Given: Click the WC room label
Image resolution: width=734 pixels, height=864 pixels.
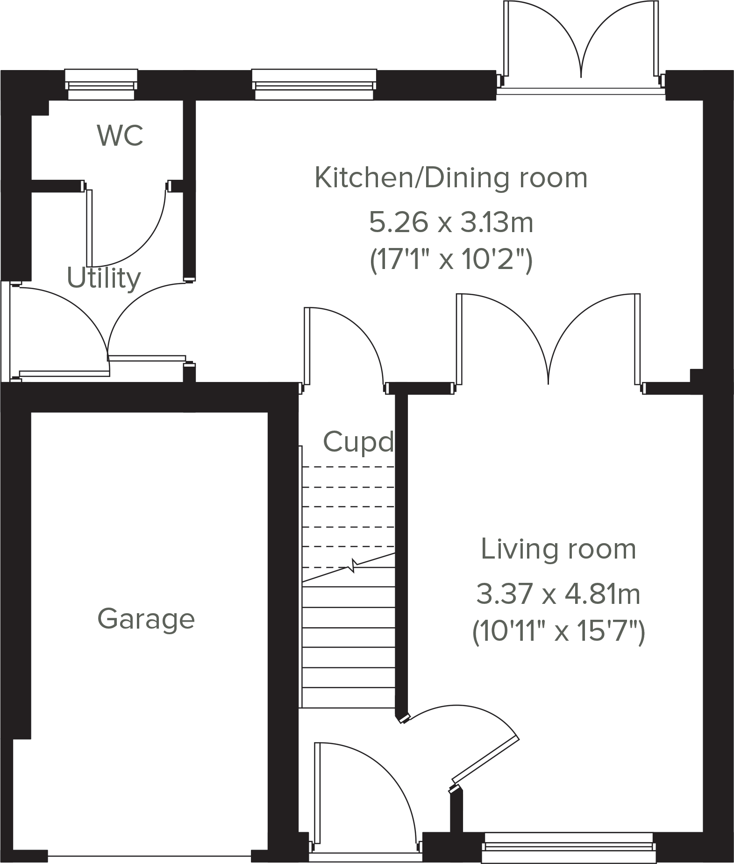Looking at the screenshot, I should coord(120,135).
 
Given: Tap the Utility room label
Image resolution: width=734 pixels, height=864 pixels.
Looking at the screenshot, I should coord(104,278).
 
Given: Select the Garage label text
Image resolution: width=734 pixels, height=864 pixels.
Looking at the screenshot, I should coord(146,619).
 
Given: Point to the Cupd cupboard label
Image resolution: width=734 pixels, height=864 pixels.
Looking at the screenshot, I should coord(358,442).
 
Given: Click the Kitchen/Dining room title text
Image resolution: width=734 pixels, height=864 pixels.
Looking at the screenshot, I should coord(451,178).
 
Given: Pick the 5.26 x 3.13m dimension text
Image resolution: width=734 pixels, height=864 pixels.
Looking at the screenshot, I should coord(451,222).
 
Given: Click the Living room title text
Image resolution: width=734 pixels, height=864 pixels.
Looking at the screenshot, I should coord(558,549).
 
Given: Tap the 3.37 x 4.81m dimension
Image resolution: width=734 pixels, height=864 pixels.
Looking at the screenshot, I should coord(558,595).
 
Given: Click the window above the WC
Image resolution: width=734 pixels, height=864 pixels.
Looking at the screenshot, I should coord(101,85).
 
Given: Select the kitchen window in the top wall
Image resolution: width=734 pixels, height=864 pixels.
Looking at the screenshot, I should coord(314,85).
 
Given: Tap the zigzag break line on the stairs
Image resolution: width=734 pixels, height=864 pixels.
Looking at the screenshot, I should coord(353,567).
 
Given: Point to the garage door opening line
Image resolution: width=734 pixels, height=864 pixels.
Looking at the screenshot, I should coord(150,856).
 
